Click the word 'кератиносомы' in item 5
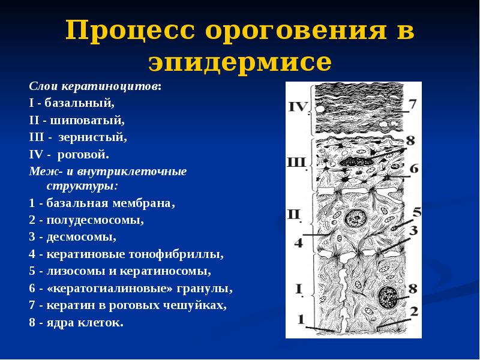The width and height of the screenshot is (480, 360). pos(174,271)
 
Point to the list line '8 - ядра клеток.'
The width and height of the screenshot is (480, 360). pos(75,323)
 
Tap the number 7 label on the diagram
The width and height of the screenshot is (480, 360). pos(413,104)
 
